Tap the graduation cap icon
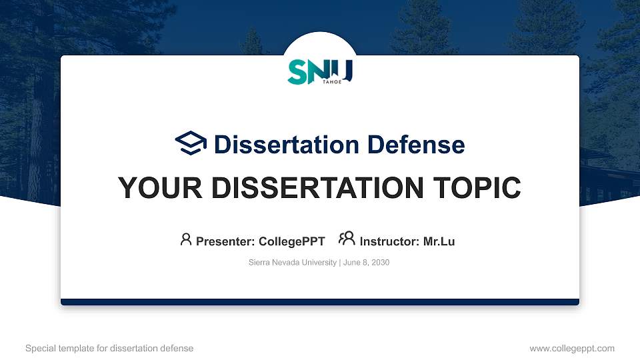coord(191,143)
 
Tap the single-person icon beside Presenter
coord(186,239)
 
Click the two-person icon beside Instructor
coord(347,239)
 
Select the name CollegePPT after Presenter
coord(291,241)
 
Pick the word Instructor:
coord(389,241)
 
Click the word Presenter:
coord(224,241)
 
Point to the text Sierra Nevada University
coord(293,263)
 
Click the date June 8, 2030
coord(366,263)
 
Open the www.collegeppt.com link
coord(572,348)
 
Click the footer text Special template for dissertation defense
coord(109,348)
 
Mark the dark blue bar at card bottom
coord(320,302)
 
